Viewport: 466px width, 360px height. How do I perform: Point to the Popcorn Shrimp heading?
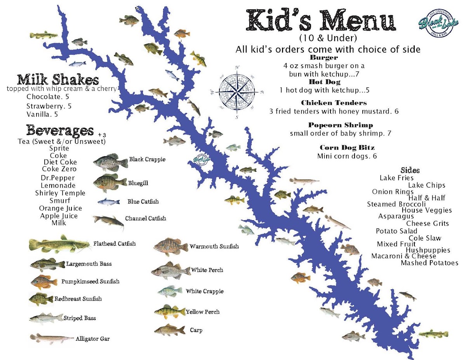click(340, 125)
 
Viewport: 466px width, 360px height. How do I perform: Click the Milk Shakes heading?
click(58, 80)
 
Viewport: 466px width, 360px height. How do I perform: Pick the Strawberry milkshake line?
click(49, 106)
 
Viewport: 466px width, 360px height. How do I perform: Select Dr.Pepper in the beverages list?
click(57, 178)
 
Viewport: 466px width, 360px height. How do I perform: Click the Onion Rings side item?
click(393, 192)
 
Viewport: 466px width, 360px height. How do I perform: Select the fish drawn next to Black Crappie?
click(110, 162)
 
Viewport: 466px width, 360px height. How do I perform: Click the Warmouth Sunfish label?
click(214, 247)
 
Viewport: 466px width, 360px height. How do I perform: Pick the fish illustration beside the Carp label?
click(170, 330)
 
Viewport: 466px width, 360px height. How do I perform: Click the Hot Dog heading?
click(324, 82)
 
